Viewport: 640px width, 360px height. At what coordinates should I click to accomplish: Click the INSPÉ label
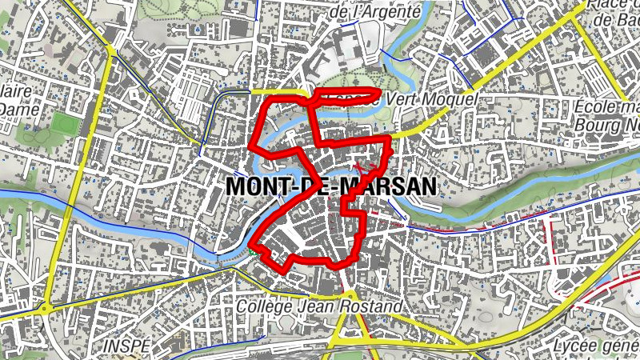point(126,345)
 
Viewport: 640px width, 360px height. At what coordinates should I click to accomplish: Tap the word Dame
point(15,108)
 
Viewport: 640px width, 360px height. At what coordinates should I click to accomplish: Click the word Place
point(610,4)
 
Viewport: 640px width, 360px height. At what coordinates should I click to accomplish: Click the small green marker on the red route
point(253,250)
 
